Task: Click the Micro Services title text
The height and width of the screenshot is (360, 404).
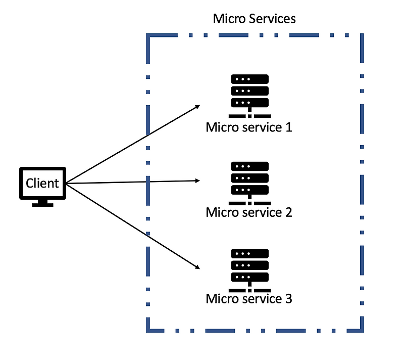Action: click(x=254, y=19)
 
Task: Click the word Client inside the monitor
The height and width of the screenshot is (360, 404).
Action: click(x=42, y=183)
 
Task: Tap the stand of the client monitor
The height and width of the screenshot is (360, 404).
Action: click(x=42, y=203)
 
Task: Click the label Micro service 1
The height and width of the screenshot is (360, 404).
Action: click(x=249, y=127)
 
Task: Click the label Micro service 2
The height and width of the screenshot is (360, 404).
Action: click(x=249, y=212)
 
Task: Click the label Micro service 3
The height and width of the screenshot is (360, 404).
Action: click(x=249, y=298)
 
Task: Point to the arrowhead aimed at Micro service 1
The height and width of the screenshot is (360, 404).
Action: click(x=198, y=107)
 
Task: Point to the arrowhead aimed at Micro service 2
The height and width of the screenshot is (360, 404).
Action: click(x=198, y=181)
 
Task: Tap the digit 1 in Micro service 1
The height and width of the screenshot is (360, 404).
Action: click(x=288, y=127)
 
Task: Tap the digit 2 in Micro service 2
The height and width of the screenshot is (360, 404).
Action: click(x=288, y=212)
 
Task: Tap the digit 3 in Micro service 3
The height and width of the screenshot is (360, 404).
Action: click(x=288, y=298)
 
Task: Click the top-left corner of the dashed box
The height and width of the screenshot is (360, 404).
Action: click(x=148, y=35)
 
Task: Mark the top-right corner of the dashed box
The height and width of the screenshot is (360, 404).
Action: click(x=362, y=35)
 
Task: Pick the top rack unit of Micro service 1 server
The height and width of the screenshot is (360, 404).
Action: click(x=249, y=80)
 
